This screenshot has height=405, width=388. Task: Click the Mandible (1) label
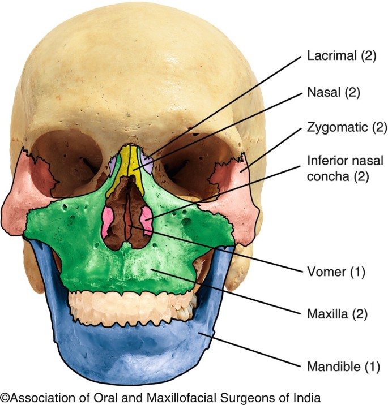pyautogui.click(x=342, y=367)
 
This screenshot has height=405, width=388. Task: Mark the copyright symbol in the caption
pyautogui.click(x=5, y=397)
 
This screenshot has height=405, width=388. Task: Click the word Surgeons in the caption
pyautogui.click(x=242, y=397)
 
